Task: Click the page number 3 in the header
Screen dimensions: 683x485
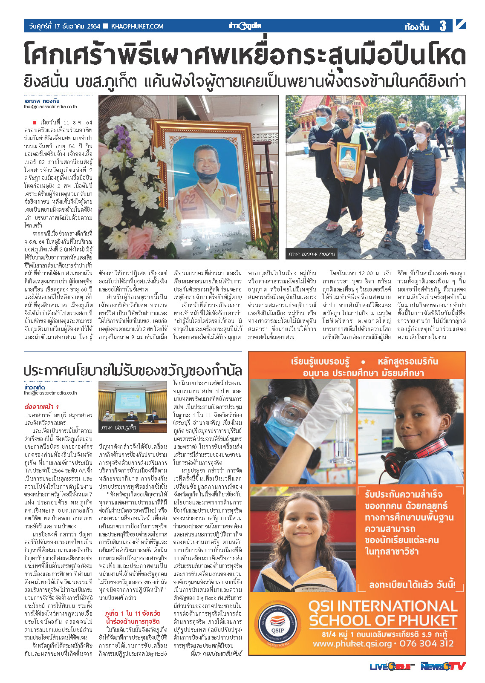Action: [443, 26]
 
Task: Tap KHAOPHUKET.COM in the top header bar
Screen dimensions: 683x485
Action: [137, 26]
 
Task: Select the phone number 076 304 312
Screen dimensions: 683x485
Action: [426, 643]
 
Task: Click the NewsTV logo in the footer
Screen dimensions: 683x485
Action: [443, 666]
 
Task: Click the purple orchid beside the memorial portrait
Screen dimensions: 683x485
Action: [124, 135]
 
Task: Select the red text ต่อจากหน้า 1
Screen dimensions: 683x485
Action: [42, 406]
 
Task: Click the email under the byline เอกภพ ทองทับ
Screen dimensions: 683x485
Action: [50, 107]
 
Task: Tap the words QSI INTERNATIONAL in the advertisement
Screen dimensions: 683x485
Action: [383, 606]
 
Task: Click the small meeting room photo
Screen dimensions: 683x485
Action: [133, 406]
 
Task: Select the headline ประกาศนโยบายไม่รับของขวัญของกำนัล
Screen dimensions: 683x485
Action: [133, 370]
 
